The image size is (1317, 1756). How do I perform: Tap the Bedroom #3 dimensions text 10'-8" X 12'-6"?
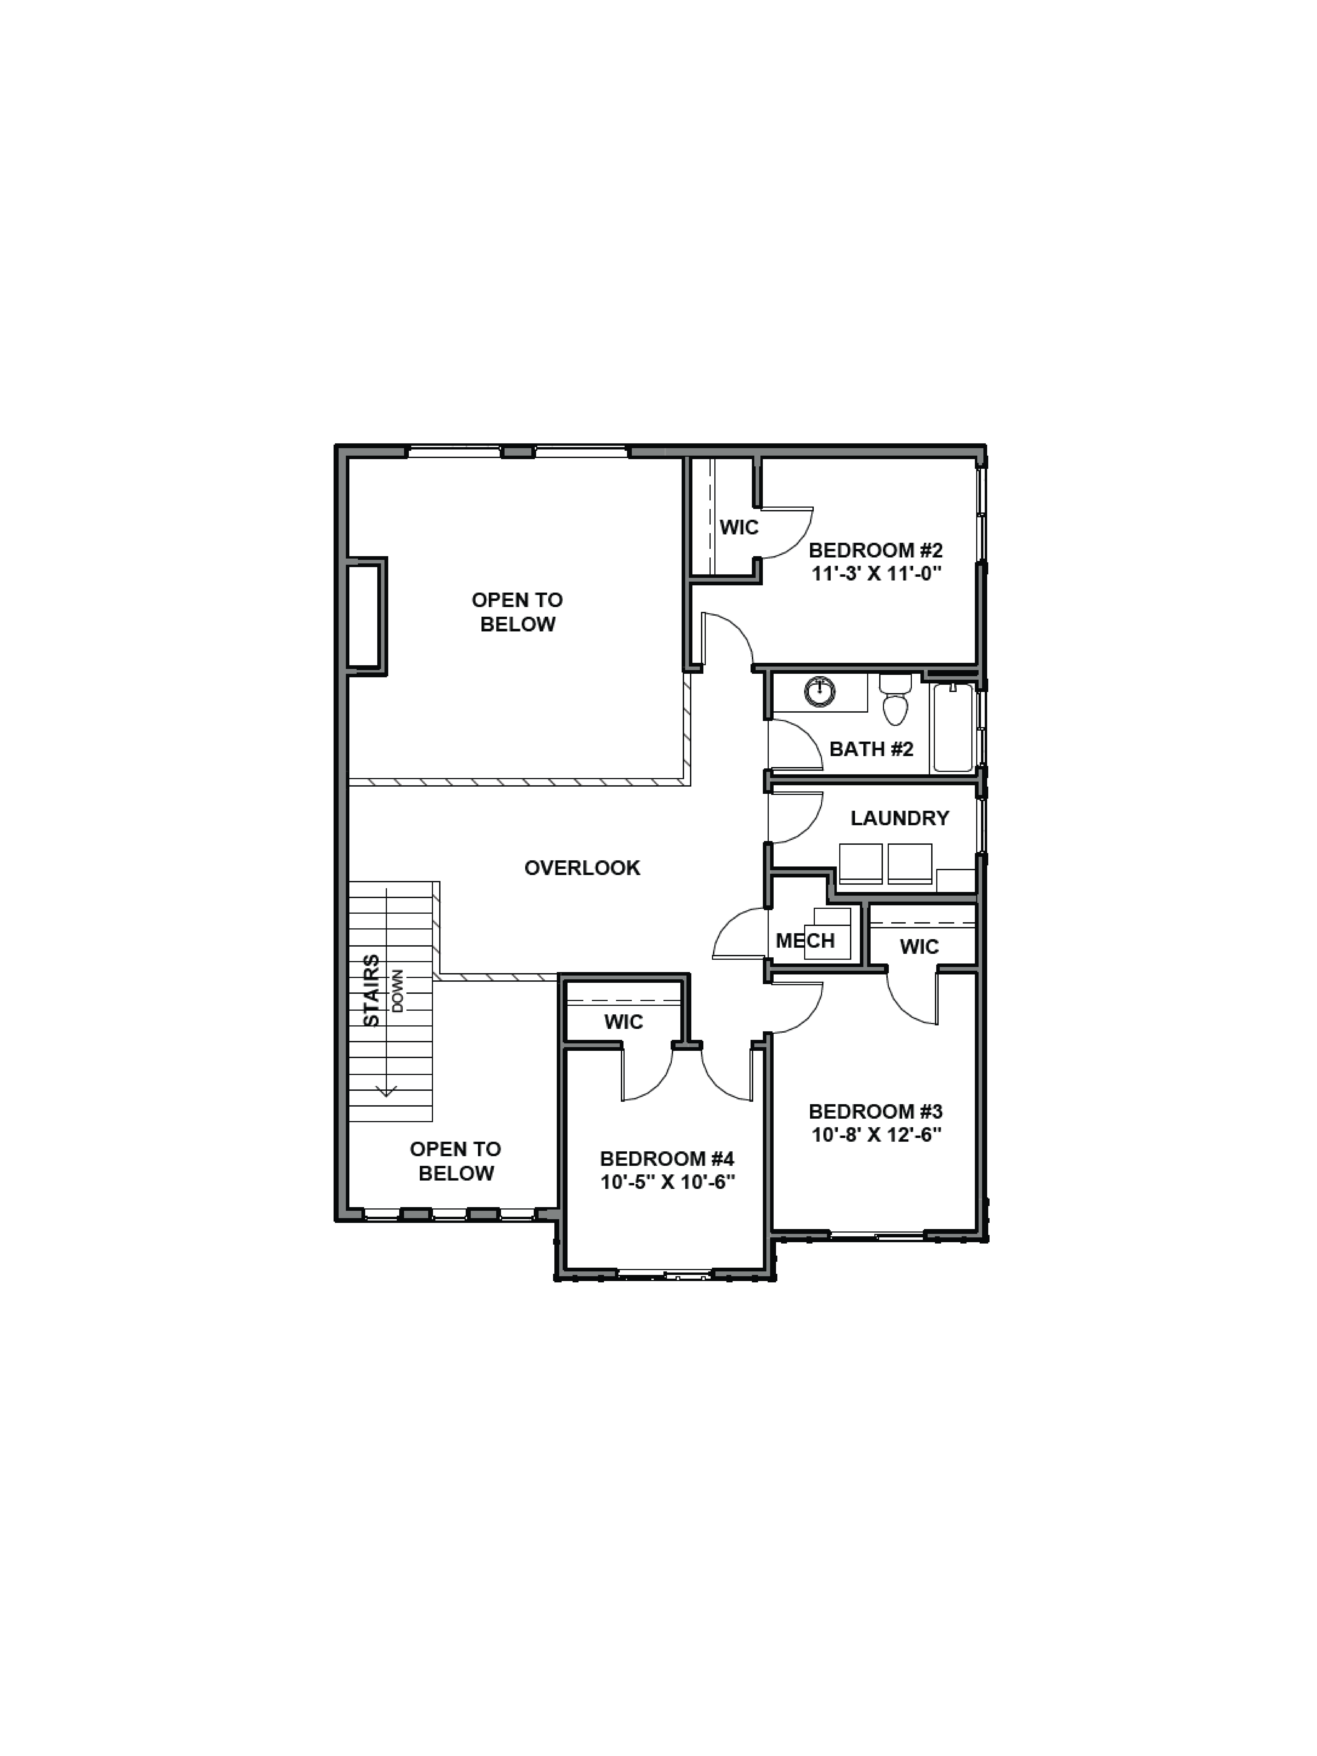tap(876, 1135)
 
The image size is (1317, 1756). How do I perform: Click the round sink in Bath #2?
tap(820, 692)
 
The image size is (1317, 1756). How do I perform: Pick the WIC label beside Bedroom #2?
tap(739, 527)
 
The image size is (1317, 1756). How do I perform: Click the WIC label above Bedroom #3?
tap(919, 947)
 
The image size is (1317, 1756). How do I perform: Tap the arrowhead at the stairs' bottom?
tap(387, 1092)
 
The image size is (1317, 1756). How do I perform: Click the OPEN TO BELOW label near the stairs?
tap(456, 1161)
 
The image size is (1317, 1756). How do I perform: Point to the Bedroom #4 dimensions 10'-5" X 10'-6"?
tap(667, 1183)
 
